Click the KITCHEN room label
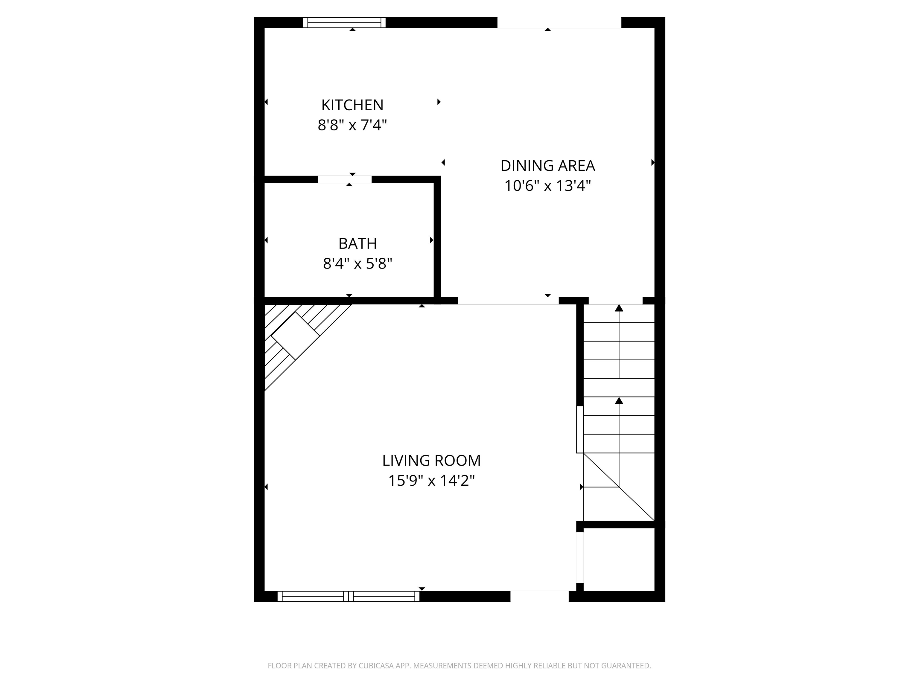(352, 105)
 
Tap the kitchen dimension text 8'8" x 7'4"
(352, 125)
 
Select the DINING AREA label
(547, 166)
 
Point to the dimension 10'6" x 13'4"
(547, 186)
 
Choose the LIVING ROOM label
(431, 461)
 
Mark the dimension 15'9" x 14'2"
(431, 481)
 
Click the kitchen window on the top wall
(344, 22)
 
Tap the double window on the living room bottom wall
(348, 596)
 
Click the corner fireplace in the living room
(295, 336)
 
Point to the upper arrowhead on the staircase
(619, 308)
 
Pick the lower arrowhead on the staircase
(619, 400)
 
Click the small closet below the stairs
(619, 559)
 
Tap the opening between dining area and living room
(508, 301)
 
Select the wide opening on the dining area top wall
(559, 22)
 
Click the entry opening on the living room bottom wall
(539, 596)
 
